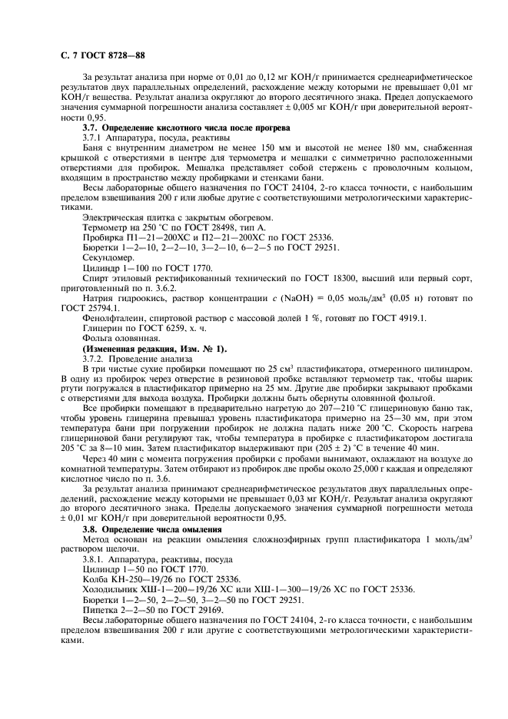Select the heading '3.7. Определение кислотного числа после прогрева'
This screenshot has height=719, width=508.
(x=186, y=127)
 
